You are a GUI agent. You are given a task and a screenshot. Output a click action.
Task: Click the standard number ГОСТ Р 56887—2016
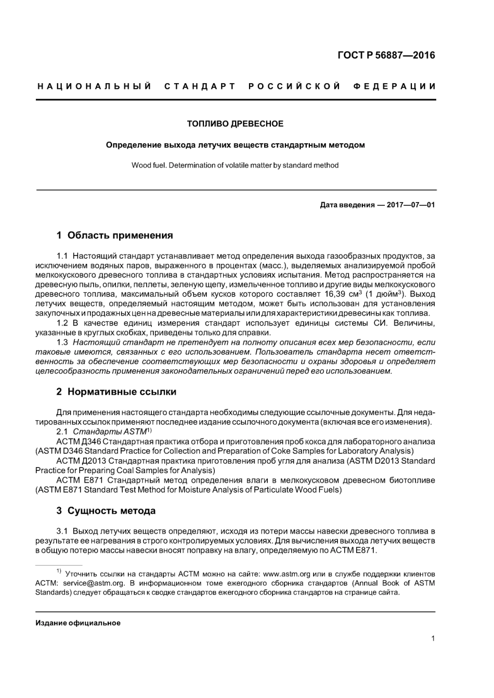386,55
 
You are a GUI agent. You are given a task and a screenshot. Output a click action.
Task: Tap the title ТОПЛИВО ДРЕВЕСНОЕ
235,124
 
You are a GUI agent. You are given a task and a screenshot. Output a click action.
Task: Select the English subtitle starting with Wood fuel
235,165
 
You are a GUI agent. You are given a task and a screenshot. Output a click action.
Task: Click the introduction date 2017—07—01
409,205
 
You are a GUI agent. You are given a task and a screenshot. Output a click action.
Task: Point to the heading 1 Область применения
114,235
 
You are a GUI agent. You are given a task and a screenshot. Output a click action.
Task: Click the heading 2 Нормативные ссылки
116,392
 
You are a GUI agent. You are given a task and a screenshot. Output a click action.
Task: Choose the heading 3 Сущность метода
106,511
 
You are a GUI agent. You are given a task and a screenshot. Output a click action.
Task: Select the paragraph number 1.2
62,323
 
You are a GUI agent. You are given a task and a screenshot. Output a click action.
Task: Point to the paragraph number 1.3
62,342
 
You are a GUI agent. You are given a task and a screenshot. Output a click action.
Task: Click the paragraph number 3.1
62,531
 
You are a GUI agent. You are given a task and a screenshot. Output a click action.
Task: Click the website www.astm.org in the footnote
287,574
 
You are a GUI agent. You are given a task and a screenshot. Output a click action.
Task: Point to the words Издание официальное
78,623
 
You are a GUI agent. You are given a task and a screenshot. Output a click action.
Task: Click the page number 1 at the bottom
433,639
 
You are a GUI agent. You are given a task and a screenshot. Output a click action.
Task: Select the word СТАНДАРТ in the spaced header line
200,86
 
